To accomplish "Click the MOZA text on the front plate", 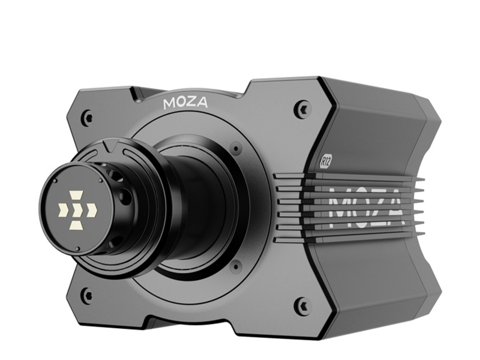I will pos(185,103).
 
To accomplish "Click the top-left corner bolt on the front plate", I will pos(88,116).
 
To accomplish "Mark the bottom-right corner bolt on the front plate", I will pos(302,305).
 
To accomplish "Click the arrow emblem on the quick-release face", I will pos(77,210).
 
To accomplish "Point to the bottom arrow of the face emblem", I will pos(77,225).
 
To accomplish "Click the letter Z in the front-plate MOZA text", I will pos(191,103).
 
